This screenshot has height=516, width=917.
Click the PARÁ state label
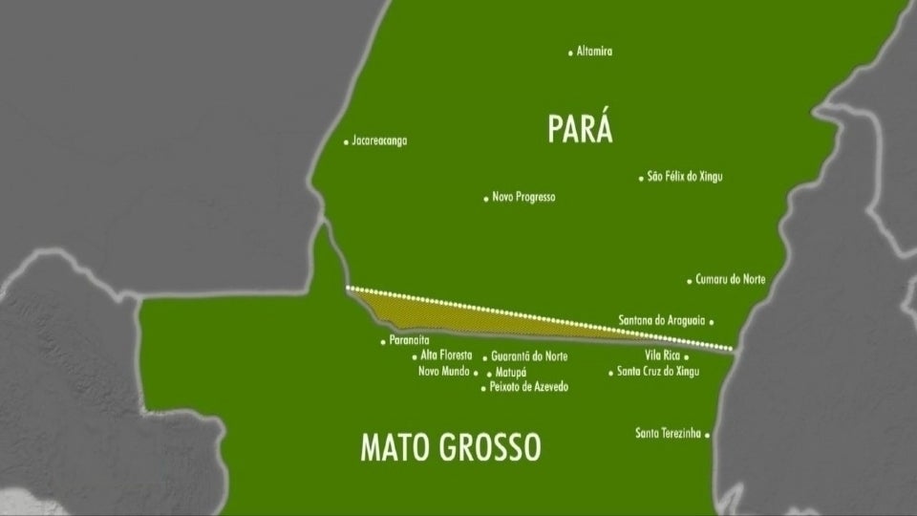(x=580, y=128)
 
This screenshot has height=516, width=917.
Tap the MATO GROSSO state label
(x=450, y=446)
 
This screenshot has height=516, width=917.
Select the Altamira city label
(x=594, y=52)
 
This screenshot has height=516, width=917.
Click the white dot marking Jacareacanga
(x=346, y=142)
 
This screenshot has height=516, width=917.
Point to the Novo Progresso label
(x=523, y=197)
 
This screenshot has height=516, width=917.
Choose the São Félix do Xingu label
(x=684, y=177)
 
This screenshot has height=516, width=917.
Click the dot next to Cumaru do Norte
(x=690, y=281)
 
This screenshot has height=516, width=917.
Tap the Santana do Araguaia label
(x=662, y=321)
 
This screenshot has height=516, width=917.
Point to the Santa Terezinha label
(x=668, y=434)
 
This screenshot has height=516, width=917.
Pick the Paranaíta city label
(x=410, y=340)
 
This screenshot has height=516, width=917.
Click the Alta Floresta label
(x=446, y=355)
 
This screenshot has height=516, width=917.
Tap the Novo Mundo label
(x=443, y=372)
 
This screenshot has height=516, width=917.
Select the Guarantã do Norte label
(x=529, y=356)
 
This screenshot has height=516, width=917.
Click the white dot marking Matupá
(x=489, y=373)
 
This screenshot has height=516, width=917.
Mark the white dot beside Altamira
(x=570, y=53)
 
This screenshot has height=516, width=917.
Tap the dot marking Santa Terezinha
(x=708, y=435)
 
